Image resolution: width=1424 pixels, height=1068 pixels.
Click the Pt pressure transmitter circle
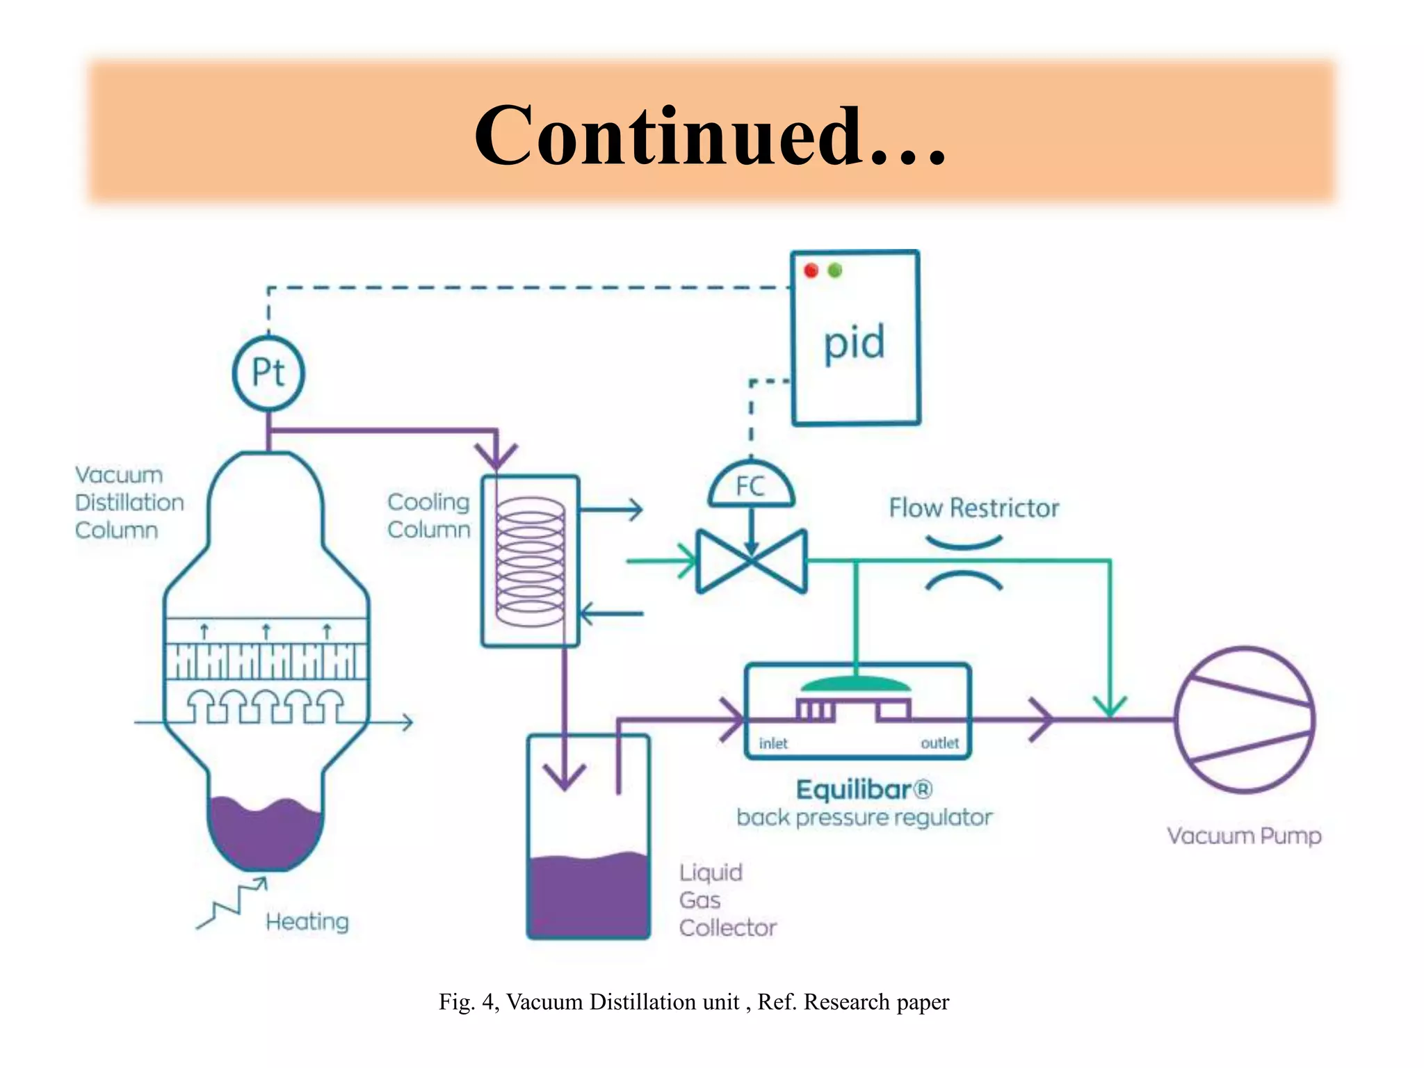(268, 373)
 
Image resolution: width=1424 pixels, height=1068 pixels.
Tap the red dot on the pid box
(811, 270)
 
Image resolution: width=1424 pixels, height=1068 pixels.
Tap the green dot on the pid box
(835, 270)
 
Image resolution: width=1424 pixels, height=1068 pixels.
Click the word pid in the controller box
(854, 343)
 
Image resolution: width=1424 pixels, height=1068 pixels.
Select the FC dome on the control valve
(751, 485)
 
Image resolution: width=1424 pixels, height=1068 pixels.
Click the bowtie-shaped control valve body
(752, 561)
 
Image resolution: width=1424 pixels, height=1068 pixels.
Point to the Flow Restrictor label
(973, 508)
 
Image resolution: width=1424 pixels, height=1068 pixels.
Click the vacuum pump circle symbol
(1245, 720)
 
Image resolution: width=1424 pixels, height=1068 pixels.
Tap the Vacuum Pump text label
(1243, 836)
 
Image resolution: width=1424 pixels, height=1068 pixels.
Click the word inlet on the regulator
(773, 744)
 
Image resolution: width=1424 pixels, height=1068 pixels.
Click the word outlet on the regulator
(939, 743)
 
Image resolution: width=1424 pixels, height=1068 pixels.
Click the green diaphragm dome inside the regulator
(856, 684)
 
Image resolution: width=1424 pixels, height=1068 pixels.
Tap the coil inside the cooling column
(530, 562)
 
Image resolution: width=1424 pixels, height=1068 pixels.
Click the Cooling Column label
(428, 515)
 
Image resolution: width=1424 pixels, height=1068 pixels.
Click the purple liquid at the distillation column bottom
(264, 834)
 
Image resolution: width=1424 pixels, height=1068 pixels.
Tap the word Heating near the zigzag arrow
(307, 922)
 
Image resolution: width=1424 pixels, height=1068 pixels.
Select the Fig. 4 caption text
(693, 1002)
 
